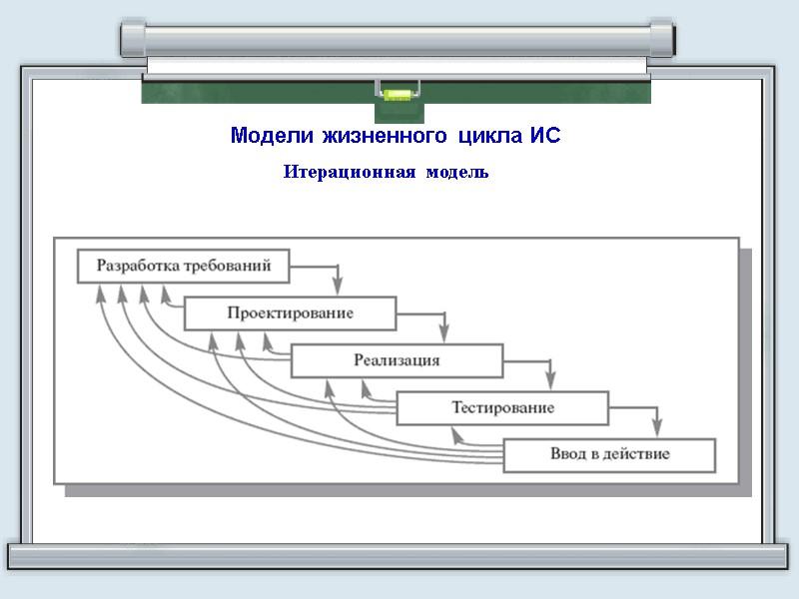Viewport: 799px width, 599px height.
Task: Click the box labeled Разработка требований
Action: (183, 266)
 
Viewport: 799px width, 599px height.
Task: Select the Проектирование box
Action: (290, 313)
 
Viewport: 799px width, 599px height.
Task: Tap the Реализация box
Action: (397, 360)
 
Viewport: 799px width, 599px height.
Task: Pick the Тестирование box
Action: (502, 407)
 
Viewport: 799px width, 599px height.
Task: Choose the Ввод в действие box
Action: (609, 454)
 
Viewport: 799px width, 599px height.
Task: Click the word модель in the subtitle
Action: (457, 173)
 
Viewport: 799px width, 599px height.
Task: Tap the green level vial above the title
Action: (398, 97)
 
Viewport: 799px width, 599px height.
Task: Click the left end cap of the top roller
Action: (132, 38)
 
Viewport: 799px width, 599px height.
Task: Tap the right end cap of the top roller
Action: (662, 38)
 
